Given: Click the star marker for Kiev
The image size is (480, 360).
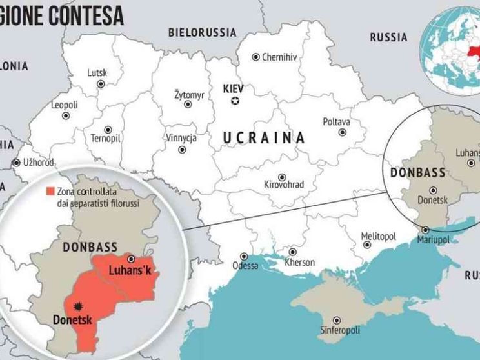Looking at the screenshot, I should tap(235, 100).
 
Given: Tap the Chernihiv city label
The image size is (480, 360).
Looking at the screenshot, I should tap(279, 57).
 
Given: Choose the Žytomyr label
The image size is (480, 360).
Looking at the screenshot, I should tap(189, 95).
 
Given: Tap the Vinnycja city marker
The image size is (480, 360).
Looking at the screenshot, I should tap(179, 149).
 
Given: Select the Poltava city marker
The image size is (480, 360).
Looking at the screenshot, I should tap(342, 132).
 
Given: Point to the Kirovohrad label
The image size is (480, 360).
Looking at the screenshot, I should tap(284, 185).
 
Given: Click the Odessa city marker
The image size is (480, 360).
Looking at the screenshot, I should tap(244, 255).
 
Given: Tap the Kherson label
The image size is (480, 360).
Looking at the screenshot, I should tap(299, 263).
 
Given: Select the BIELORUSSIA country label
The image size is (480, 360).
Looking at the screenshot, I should tap(202, 32).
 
